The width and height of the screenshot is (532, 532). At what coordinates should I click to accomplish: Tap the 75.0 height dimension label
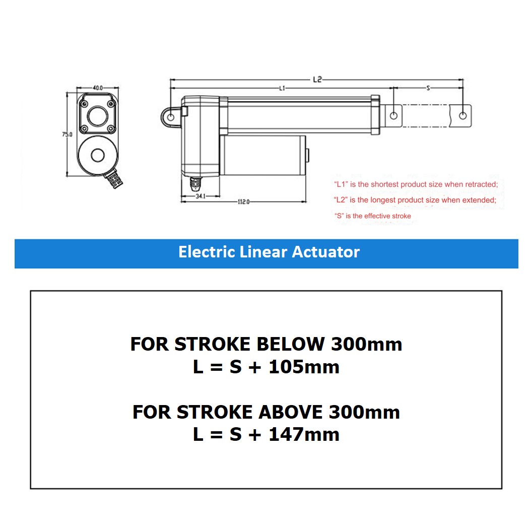[x=67, y=135]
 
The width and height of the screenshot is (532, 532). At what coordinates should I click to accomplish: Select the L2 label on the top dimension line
[x=317, y=79]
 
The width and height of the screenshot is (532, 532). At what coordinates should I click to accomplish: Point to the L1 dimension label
[x=282, y=88]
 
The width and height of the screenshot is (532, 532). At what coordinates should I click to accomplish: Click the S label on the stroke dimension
[x=428, y=88]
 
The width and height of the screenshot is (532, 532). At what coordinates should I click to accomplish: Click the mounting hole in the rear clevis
[x=171, y=117]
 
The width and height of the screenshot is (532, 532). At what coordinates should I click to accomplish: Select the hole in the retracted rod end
[x=394, y=115]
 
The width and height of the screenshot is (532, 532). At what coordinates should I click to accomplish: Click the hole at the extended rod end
[x=462, y=115]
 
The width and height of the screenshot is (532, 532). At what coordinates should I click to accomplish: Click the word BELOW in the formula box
[x=291, y=344]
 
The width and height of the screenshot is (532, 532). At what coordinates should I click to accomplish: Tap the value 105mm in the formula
[x=304, y=367]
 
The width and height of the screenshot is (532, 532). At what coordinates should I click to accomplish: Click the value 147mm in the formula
[x=304, y=434]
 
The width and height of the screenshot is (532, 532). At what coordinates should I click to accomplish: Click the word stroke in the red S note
[x=401, y=216]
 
